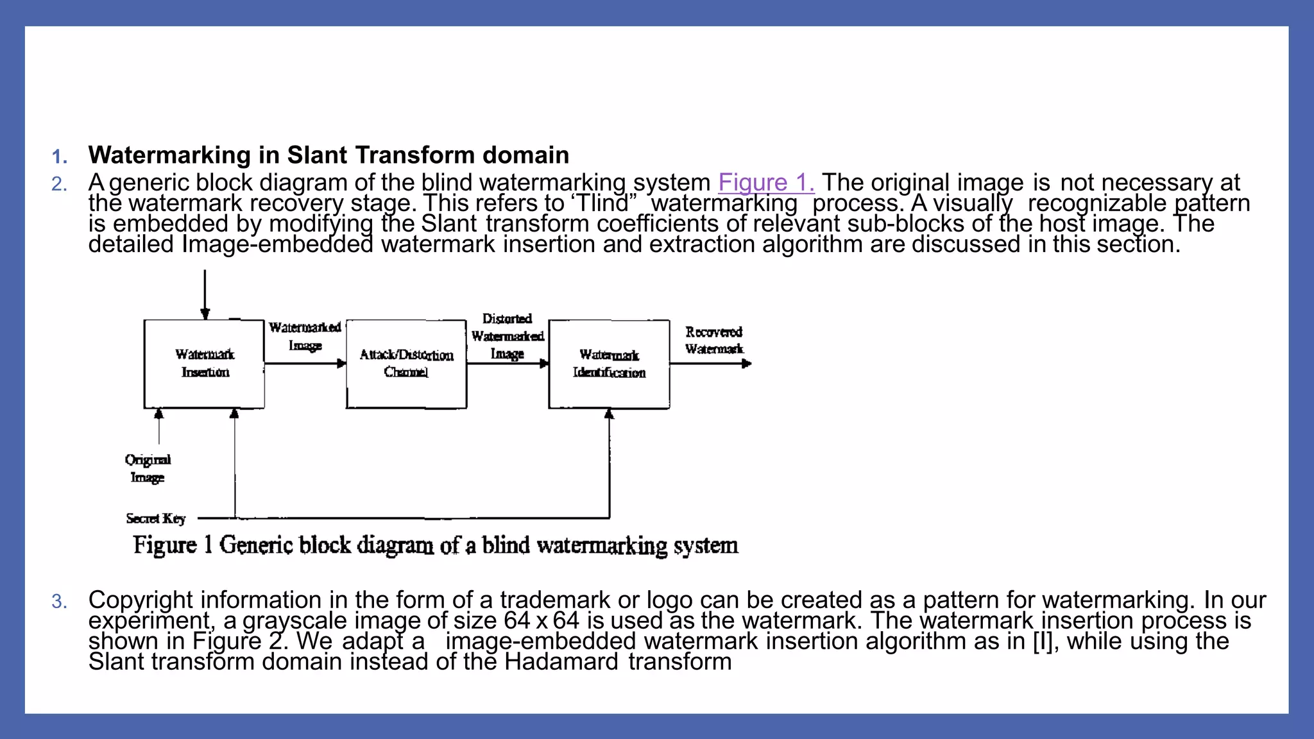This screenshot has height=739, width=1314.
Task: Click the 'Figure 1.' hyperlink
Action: [766, 183]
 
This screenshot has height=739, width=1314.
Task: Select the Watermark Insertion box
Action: [204, 364]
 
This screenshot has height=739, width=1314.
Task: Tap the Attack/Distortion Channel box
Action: [406, 364]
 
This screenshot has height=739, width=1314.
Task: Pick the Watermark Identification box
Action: [609, 364]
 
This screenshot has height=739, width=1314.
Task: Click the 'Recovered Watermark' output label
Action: [713, 341]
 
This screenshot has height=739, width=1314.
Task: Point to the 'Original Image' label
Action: [148, 469]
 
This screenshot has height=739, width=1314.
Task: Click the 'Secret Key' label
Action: [156, 518]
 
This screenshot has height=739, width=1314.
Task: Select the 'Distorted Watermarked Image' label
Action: [508, 336]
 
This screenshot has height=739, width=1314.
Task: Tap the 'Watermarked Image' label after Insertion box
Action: [305, 336]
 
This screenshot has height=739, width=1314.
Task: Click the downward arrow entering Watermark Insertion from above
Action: [205, 295]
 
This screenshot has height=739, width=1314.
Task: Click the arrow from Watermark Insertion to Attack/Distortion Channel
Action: [305, 364]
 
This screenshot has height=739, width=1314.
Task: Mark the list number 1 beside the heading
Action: [60, 157]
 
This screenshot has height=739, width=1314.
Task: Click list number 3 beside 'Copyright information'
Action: [59, 602]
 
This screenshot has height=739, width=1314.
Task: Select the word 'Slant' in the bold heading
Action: [317, 155]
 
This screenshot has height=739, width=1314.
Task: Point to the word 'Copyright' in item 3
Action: [141, 600]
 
